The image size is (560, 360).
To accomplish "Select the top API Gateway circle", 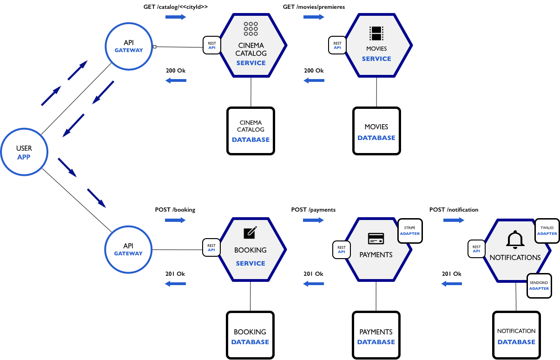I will pyautogui.click(x=129, y=46).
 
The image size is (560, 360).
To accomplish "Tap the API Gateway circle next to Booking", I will pyautogui.click(x=129, y=249).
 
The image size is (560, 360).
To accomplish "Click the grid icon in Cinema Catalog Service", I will pyautogui.click(x=251, y=29).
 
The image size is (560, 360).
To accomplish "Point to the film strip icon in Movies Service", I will pyautogui.click(x=376, y=33).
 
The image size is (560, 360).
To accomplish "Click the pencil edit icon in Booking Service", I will pyautogui.click(x=250, y=232).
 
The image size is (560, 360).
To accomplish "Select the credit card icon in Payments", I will pyautogui.click(x=376, y=239).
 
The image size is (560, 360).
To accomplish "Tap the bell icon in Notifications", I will pyautogui.click(x=515, y=239).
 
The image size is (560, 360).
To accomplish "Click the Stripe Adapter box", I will pyautogui.click(x=410, y=231).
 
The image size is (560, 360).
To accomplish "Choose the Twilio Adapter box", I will pyautogui.click(x=547, y=231).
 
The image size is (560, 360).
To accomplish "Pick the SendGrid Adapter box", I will pyautogui.click(x=539, y=286).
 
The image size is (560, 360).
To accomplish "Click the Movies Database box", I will pyautogui.click(x=376, y=132).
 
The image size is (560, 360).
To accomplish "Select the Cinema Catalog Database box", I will pyautogui.click(x=251, y=131).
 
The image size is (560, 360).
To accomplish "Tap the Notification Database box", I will pyautogui.click(x=516, y=336).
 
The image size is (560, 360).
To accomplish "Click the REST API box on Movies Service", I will pyautogui.click(x=337, y=45).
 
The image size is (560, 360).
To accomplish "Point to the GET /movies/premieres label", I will pyautogui.click(x=314, y=7).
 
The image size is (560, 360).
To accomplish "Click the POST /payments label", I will pyautogui.click(x=313, y=210).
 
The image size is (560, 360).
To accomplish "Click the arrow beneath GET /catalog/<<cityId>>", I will pyautogui.click(x=176, y=17).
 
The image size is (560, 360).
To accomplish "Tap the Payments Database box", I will pyautogui.click(x=376, y=336).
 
